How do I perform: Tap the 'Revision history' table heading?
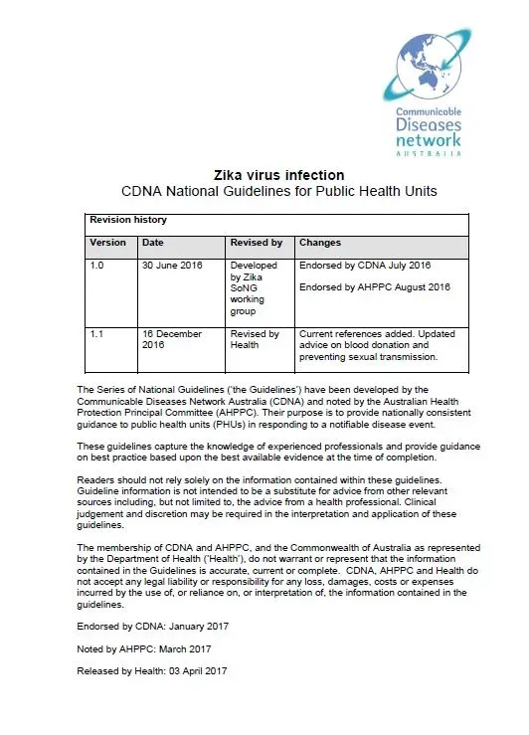point(128,220)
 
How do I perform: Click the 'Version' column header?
point(108,242)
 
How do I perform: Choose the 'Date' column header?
point(153,242)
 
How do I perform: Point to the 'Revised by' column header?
point(257,242)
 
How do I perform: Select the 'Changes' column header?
point(320,242)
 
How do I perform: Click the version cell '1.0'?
point(97,268)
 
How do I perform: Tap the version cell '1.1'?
point(97,334)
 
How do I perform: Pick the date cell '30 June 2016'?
point(172,268)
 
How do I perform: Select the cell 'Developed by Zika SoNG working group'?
point(254,288)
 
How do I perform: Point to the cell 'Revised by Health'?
point(254,340)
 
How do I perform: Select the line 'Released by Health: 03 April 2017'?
point(152,671)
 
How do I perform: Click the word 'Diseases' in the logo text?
point(428,126)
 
